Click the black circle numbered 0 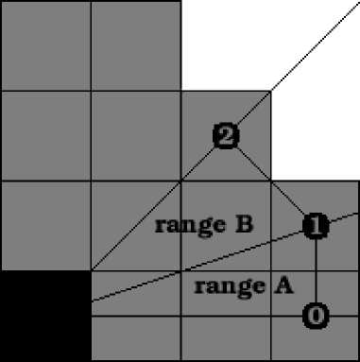[317, 316]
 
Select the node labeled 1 [316, 225]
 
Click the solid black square [44, 317]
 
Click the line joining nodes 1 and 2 [270, 181]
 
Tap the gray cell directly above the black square [44, 226]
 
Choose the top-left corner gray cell [44, 44]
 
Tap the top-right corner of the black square [90, 272]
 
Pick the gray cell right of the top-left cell [135, 44]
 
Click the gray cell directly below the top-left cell [44, 135]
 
